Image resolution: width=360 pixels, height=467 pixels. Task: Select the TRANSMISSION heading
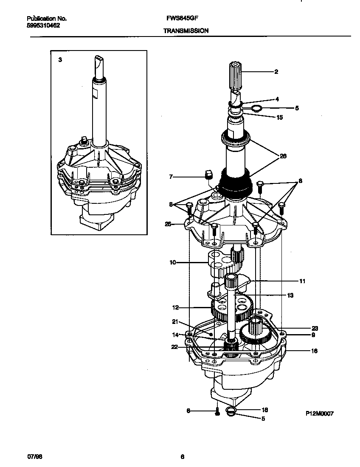point(186,31)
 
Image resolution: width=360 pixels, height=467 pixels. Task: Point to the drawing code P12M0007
point(319,413)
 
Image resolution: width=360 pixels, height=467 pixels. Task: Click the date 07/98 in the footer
point(35,457)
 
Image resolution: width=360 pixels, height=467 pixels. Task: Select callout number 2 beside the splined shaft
point(276,72)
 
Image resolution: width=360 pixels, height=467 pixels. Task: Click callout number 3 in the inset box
point(60,60)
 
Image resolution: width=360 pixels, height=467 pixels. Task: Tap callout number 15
point(279,118)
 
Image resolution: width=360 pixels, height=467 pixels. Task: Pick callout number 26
point(283,156)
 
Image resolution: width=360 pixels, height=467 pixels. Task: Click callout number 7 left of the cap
point(171,176)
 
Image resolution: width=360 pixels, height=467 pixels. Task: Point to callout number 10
point(173,263)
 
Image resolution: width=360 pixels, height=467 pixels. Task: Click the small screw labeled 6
point(217,411)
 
